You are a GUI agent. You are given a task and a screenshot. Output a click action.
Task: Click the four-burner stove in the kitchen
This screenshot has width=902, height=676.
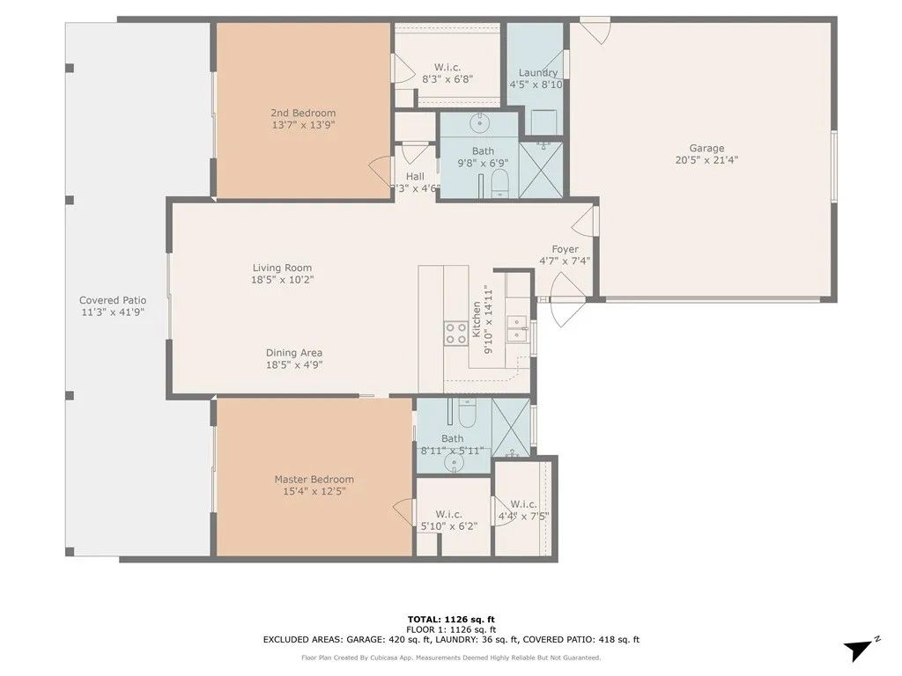coord(455,333)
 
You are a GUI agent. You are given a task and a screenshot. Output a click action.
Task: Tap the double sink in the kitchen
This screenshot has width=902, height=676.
coord(517,331)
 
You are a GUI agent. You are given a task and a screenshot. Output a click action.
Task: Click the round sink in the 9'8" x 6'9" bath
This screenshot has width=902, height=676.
coord(482,121)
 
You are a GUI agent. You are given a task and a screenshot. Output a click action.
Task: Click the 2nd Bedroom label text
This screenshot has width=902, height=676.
coord(302,113)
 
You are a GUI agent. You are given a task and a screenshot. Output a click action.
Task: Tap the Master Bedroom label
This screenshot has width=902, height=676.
coord(314,480)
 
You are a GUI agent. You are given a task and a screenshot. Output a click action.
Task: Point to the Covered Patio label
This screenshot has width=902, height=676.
coord(113,300)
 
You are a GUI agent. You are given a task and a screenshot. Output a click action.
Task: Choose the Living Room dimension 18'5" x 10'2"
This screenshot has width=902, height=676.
coord(282,280)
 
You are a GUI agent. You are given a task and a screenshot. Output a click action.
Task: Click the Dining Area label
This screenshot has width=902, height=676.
coord(294,353)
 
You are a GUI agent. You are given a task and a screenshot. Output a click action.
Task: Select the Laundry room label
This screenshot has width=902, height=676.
coord(537,73)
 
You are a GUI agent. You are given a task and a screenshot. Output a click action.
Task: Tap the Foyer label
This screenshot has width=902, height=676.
coord(565,249)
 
